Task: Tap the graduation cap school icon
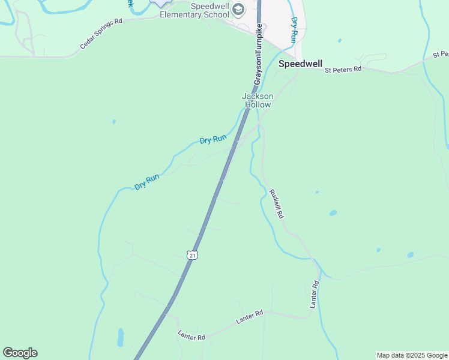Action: (238, 9)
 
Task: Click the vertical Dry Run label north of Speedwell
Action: (294, 29)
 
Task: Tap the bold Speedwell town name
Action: (300, 64)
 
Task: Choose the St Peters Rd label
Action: (343, 70)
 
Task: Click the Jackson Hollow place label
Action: (258, 100)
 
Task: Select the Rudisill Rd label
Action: (276, 203)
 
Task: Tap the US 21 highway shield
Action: (192, 255)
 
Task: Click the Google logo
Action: (20, 353)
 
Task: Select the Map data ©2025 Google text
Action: (412, 355)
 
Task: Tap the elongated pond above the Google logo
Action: (121, 337)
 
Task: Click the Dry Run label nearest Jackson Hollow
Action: (213, 139)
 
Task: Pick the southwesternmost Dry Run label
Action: (147, 182)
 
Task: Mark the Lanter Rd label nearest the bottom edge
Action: (191, 336)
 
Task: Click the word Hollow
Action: (258, 104)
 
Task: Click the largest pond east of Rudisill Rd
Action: (333, 213)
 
